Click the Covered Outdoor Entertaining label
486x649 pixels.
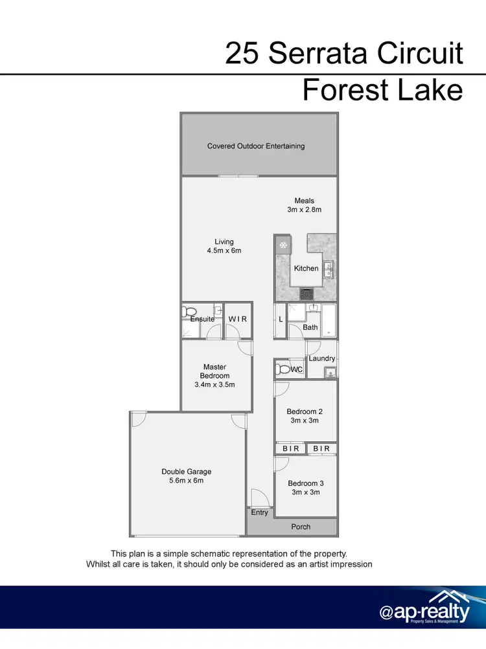point(255,146)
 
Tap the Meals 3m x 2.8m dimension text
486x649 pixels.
point(304,210)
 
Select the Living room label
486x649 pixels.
point(224,242)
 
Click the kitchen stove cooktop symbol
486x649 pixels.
point(306,294)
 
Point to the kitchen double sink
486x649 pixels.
point(329,269)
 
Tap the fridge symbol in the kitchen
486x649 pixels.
point(283,245)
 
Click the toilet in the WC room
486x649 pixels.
point(283,369)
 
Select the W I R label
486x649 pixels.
point(237,319)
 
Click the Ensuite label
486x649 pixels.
point(202,319)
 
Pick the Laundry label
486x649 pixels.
point(322,358)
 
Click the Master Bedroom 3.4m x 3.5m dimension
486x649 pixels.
point(214,384)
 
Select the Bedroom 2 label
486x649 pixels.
point(305,412)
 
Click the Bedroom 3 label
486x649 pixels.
point(305,483)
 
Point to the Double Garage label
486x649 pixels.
point(187,472)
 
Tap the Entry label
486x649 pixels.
point(259,512)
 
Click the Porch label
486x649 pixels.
point(301,527)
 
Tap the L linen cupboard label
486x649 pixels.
point(281,320)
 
